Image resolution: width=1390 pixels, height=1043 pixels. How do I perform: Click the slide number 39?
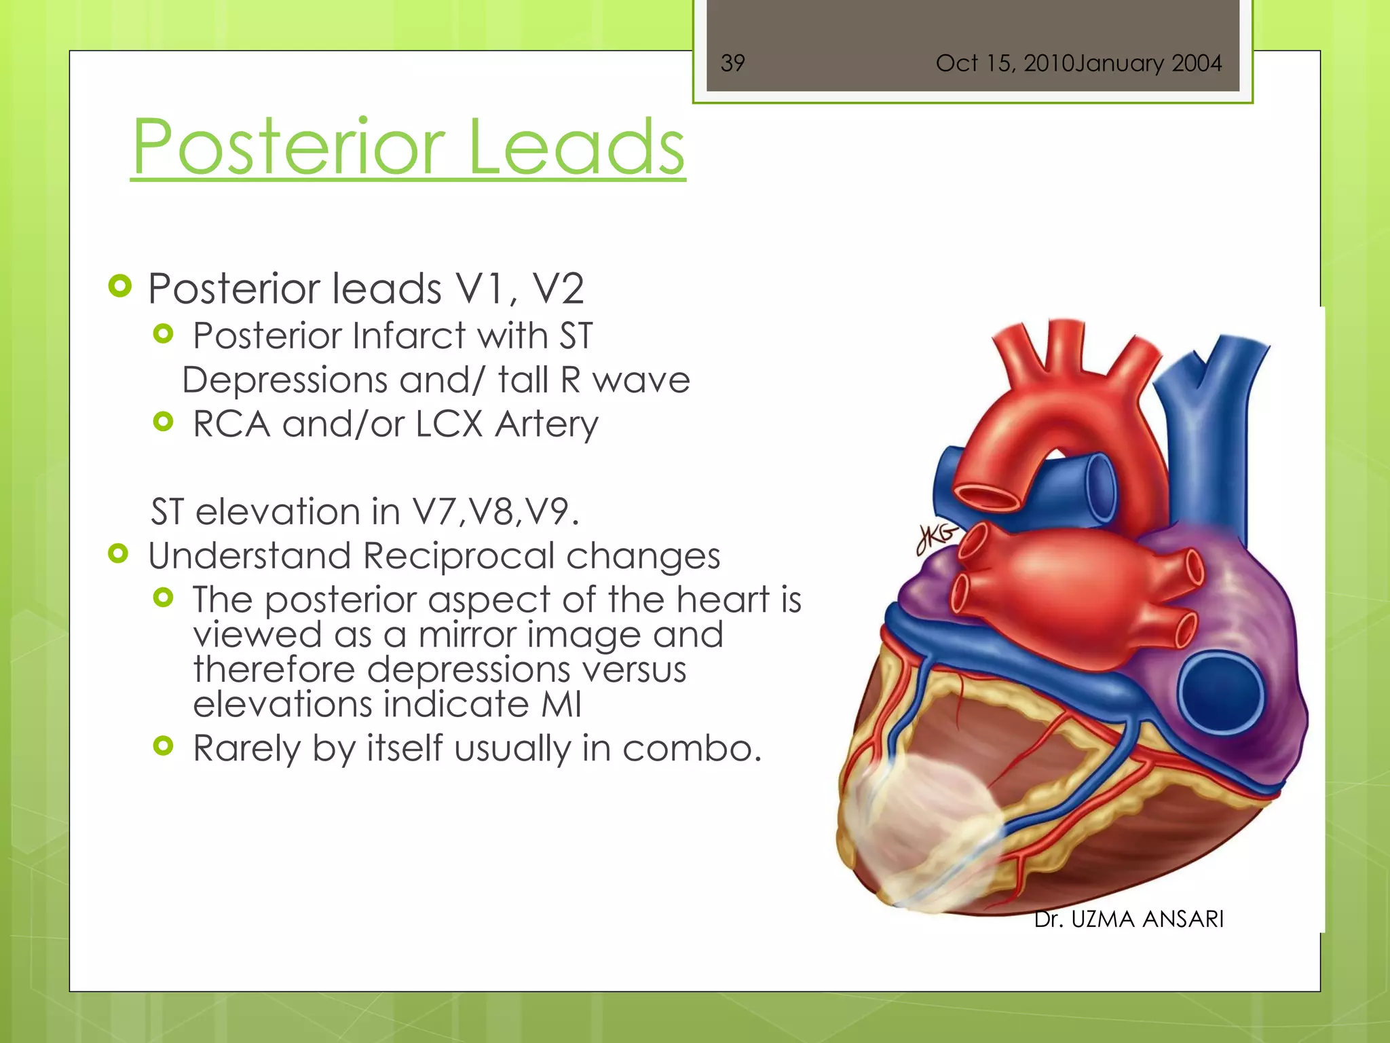tap(732, 63)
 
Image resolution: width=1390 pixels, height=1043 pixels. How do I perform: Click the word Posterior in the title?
tap(288, 147)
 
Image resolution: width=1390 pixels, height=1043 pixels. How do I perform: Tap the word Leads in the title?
tap(576, 147)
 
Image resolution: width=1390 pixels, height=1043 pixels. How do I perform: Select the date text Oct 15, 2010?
tap(1004, 63)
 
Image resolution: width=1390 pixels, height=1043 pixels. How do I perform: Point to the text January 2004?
tap(1148, 63)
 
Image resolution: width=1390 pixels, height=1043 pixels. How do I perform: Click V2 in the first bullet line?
tap(558, 289)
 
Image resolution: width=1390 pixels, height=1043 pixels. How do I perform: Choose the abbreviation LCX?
tap(449, 424)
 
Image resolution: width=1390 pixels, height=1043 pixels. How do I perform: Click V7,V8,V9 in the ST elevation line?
tap(495, 511)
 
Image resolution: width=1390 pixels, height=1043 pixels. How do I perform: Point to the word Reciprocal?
tap(458, 555)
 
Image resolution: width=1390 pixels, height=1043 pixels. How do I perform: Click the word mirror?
tap(468, 635)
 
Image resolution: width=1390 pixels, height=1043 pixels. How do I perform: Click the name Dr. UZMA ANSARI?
tap(1129, 919)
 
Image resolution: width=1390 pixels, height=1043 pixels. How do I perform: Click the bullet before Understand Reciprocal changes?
tap(119, 554)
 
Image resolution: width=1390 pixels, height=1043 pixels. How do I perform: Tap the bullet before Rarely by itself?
tap(164, 746)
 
